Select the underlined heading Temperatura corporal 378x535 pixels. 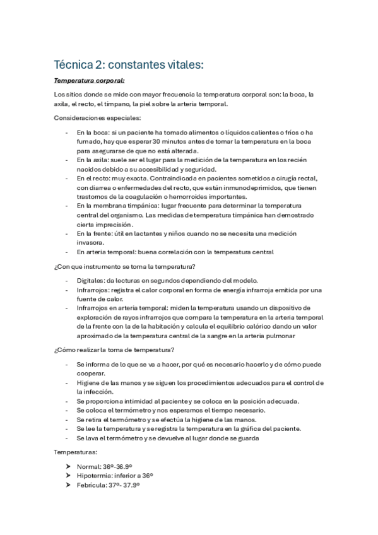[89, 81]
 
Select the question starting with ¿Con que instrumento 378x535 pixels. [124, 266]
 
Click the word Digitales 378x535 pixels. [91, 280]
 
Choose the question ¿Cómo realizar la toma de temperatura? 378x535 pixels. [114, 350]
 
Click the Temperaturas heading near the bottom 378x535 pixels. [76, 452]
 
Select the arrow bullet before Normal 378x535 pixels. [68, 466]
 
